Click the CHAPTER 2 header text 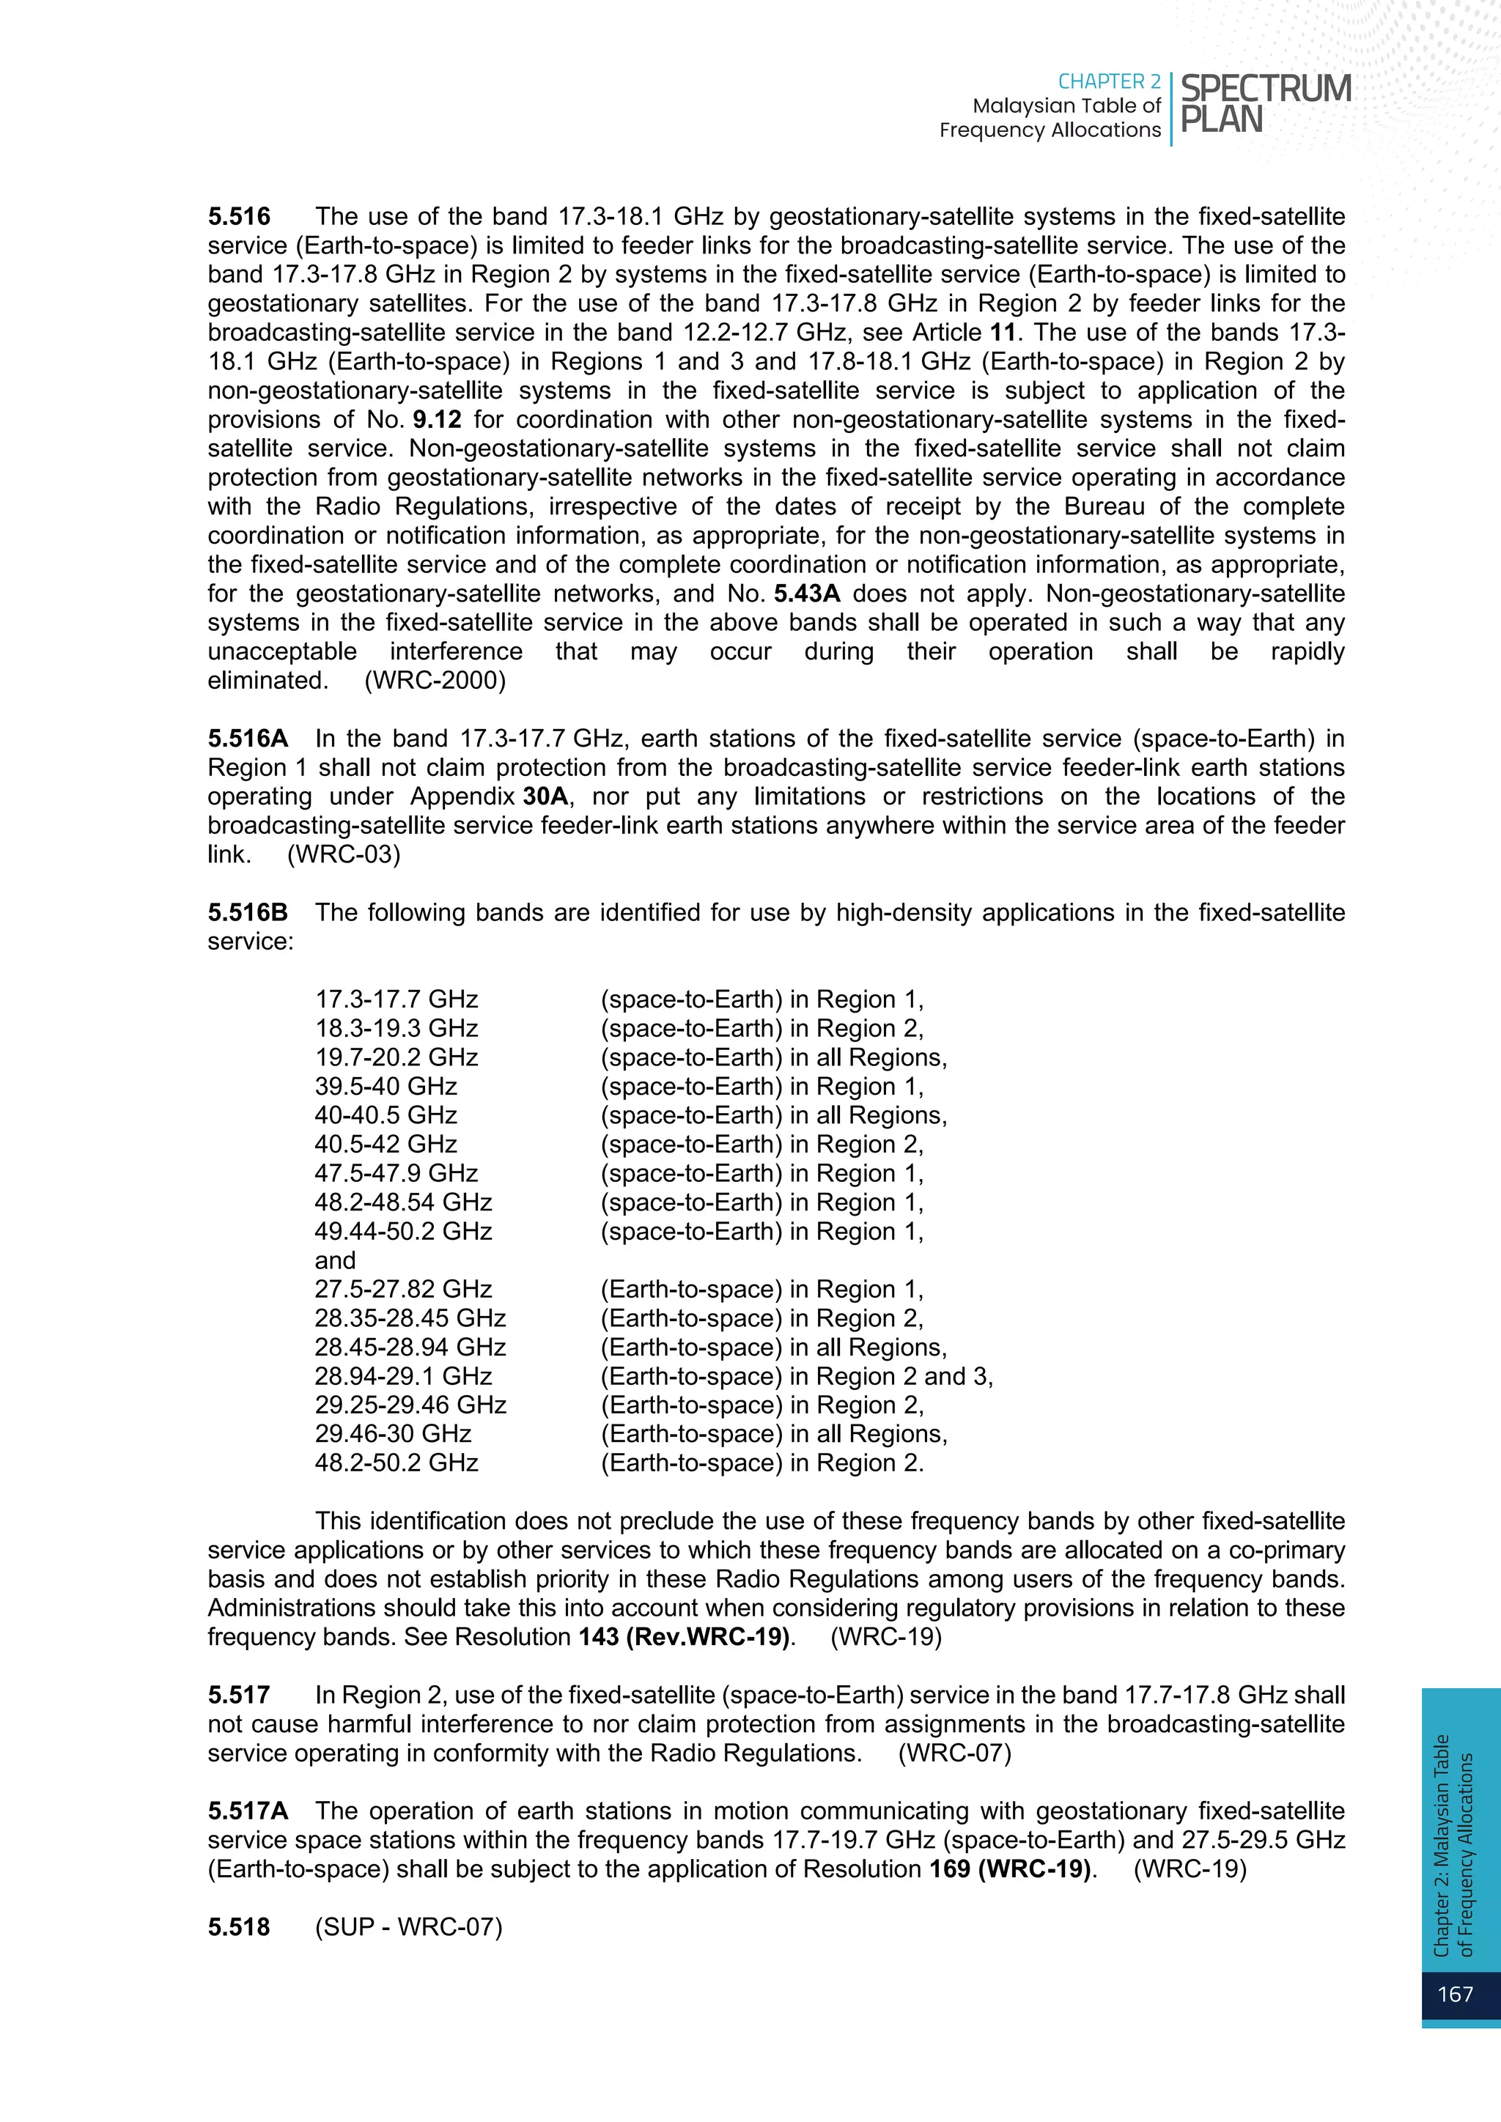[x=1108, y=81]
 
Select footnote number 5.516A [x=247, y=739]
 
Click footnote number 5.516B [x=247, y=912]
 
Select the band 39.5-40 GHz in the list [x=386, y=1086]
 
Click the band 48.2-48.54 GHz [x=403, y=1202]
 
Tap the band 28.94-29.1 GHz [x=403, y=1376]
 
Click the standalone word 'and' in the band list [x=335, y=1260]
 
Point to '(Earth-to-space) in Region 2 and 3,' [x=797, y=1376]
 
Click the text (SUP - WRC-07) [x=408, y=1927]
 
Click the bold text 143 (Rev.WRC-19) [x=685, y=1637]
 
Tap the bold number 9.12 [x=436, y=420]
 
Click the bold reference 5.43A [x=807, y=594]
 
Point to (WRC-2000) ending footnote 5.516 [x=435, y=681]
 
